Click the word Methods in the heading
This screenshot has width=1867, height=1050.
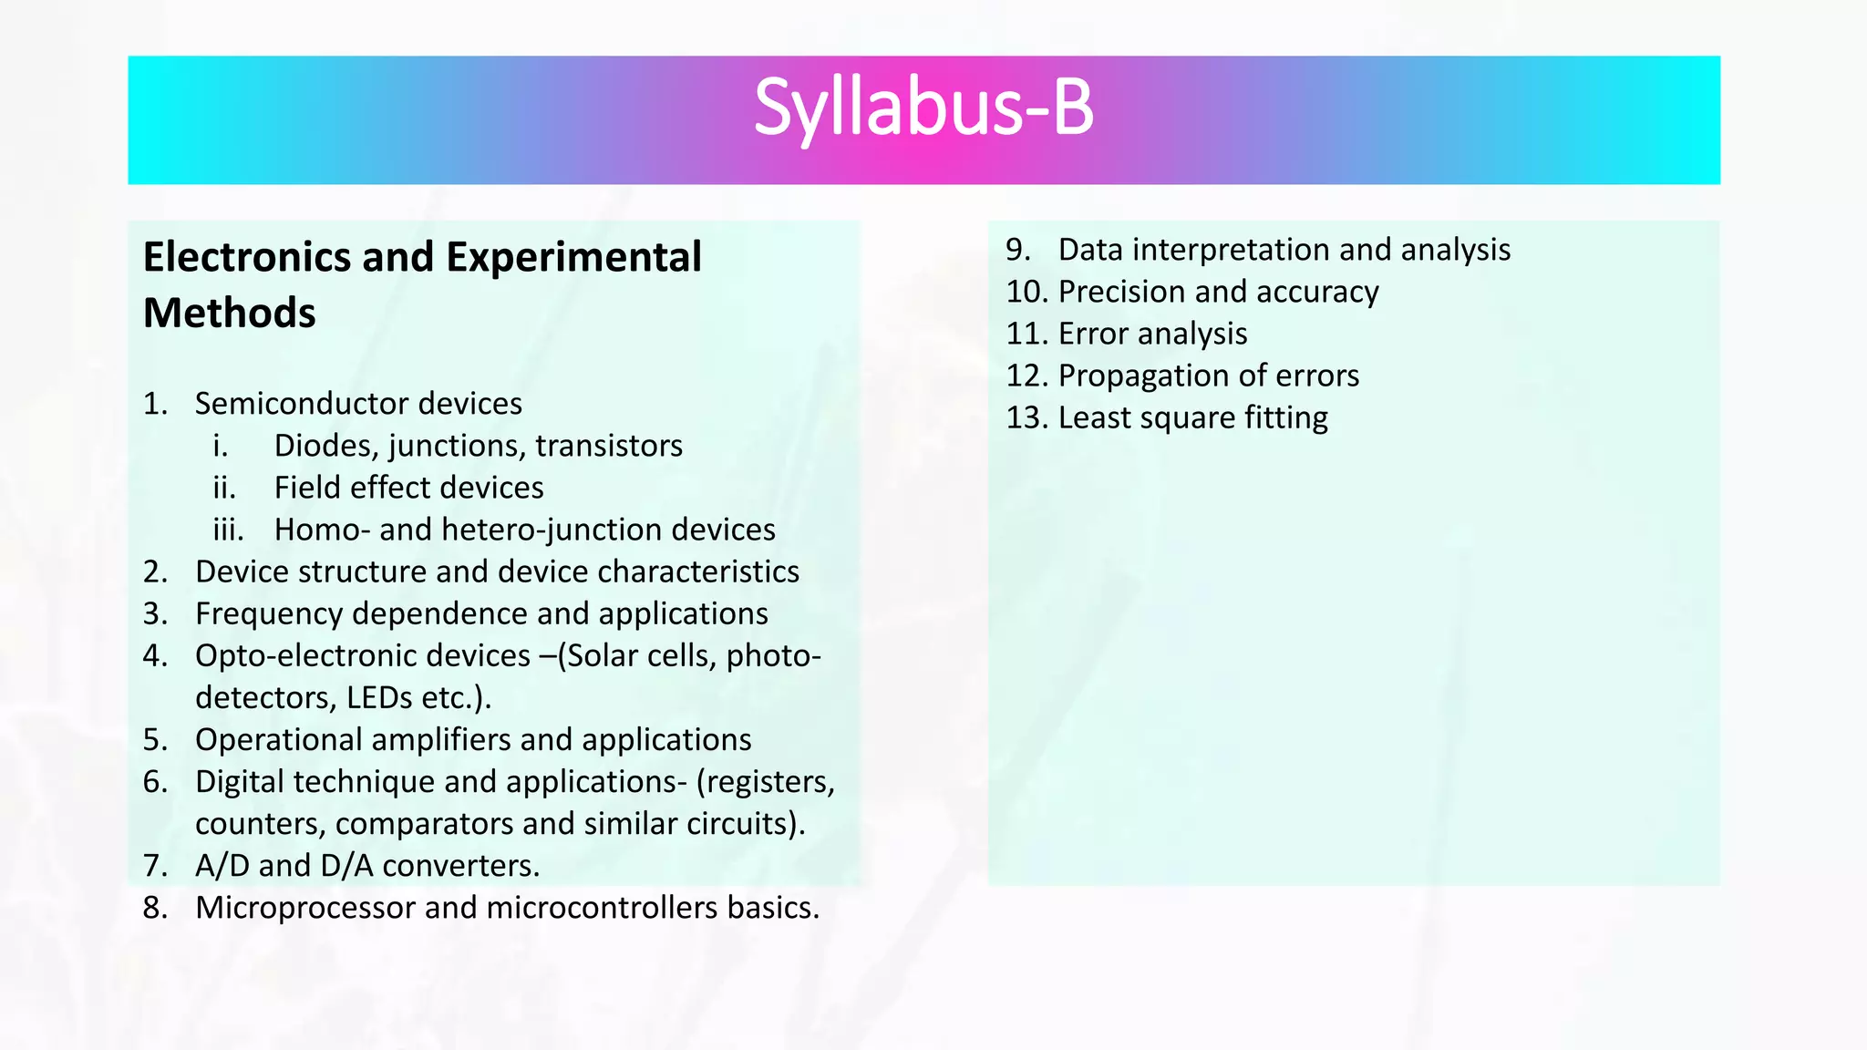(230, 314)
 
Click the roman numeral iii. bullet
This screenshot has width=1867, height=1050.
(228, 530)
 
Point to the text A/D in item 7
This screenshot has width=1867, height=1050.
(222, 866)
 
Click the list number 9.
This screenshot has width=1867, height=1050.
(1017, 250)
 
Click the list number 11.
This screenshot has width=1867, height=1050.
(1026, 334)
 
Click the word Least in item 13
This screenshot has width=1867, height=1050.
(1090, 417)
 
